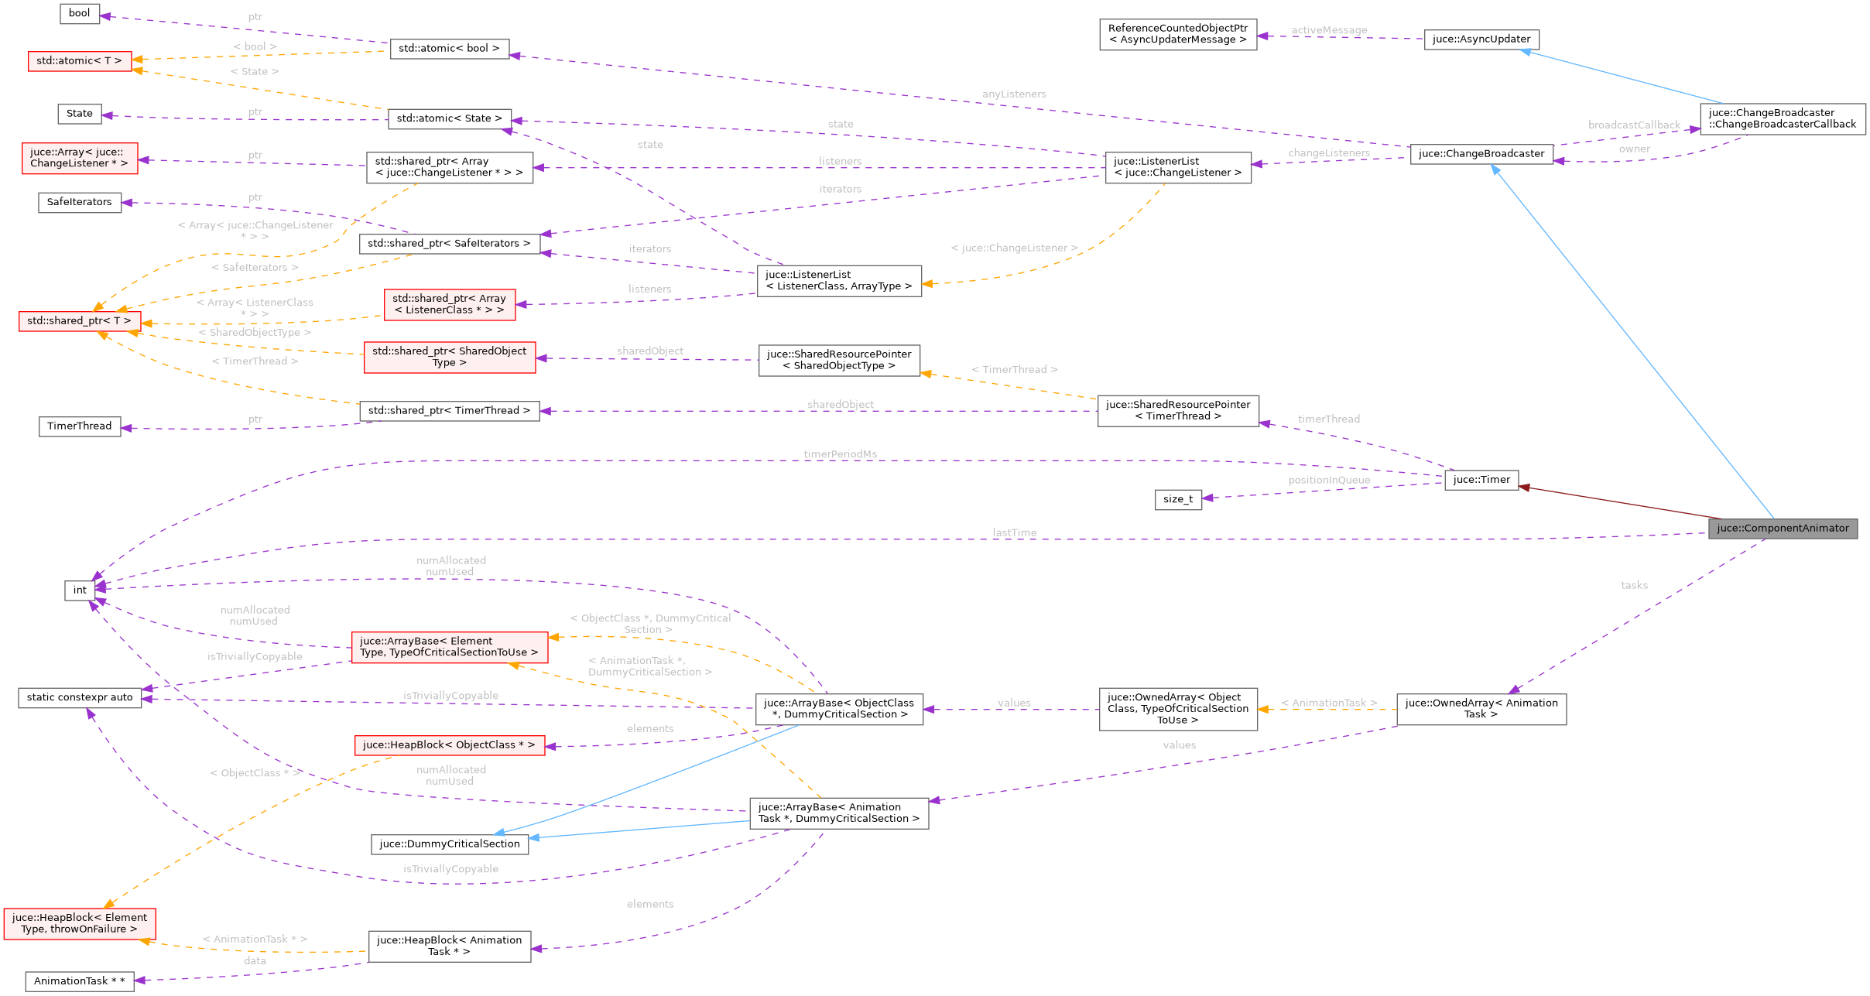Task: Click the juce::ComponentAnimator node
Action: coord(1783,529)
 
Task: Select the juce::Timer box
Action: coord(1481,480)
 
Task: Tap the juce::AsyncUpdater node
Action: coord(1481,39)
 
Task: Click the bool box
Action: coord(80,13)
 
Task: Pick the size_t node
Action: coord(1178,499)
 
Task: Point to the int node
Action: coord(80,590)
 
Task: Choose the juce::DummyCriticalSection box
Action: coord(450,844)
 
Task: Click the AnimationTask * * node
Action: coord(80,981)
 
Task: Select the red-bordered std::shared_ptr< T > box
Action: coord(80,321)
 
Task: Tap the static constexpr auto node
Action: coord(80,697)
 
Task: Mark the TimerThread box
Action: coord(80,426)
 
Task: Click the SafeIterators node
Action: coord(80,202)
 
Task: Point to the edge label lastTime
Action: coord(1014,532)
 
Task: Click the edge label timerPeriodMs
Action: coord(840,454)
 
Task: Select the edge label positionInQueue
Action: coord(1329,480)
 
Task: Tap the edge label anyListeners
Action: coord(1014,94)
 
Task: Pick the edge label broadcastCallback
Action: coord(1634,125)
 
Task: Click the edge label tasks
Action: coord(1634,585)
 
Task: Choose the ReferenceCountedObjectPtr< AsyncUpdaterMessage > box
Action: coord(1178,35)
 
